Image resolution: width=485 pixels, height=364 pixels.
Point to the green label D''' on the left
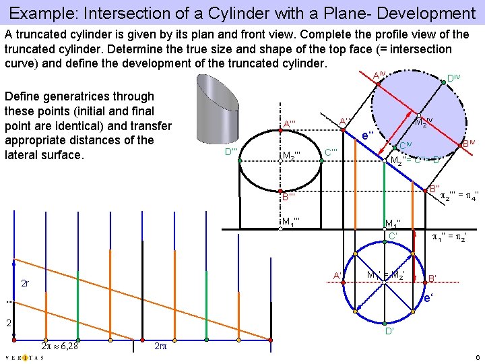point(232,152)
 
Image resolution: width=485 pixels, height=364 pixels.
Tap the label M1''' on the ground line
point(291,221)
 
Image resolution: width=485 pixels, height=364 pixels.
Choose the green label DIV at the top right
point(453,79)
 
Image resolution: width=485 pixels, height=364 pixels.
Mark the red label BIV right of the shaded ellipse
point(468,144)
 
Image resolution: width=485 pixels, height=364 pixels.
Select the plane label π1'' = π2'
point(449,237)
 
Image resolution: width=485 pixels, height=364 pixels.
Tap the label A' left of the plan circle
point(336,274)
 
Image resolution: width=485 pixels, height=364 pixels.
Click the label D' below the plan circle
point(390,332)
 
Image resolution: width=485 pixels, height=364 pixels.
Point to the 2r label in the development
point(25,284)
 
